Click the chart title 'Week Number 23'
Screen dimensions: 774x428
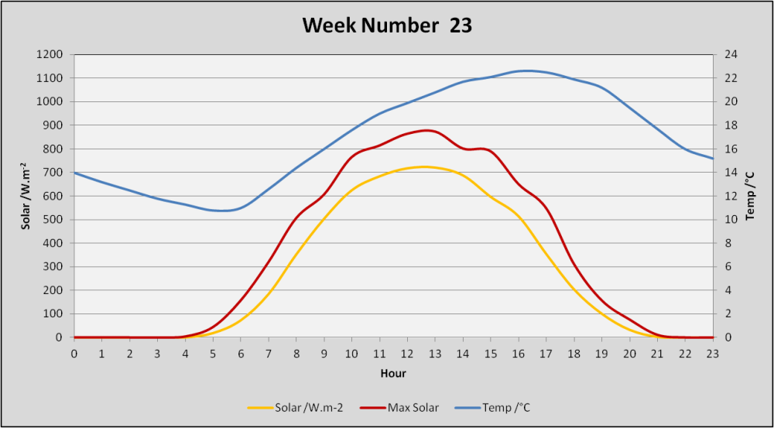[387, 26]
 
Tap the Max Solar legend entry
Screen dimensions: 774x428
[399, 408]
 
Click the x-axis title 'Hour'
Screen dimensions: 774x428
[393, 374]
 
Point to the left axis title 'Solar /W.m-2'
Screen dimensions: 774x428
[25, 196]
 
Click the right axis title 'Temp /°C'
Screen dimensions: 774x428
[751, 196]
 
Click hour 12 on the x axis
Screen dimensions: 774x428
[407, 354]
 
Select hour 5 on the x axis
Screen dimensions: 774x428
[213, 354]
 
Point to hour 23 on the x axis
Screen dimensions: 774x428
[712, 354]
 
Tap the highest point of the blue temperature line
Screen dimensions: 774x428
[527, 70]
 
